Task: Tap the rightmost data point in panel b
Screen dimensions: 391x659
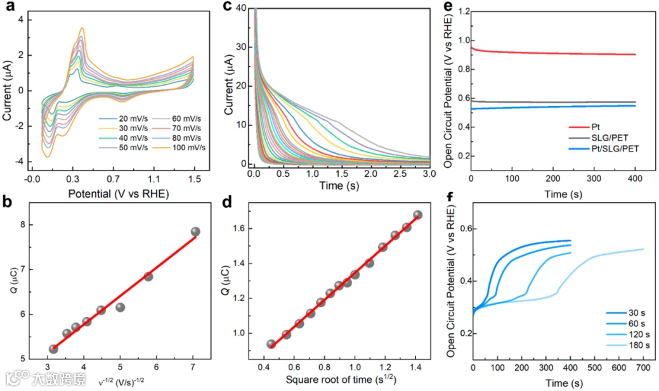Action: point(195,232)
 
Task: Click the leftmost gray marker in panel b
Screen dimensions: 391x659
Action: point(53,349)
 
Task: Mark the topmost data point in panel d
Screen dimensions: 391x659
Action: point(417,215)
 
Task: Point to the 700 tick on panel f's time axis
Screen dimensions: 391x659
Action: point(644,368)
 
